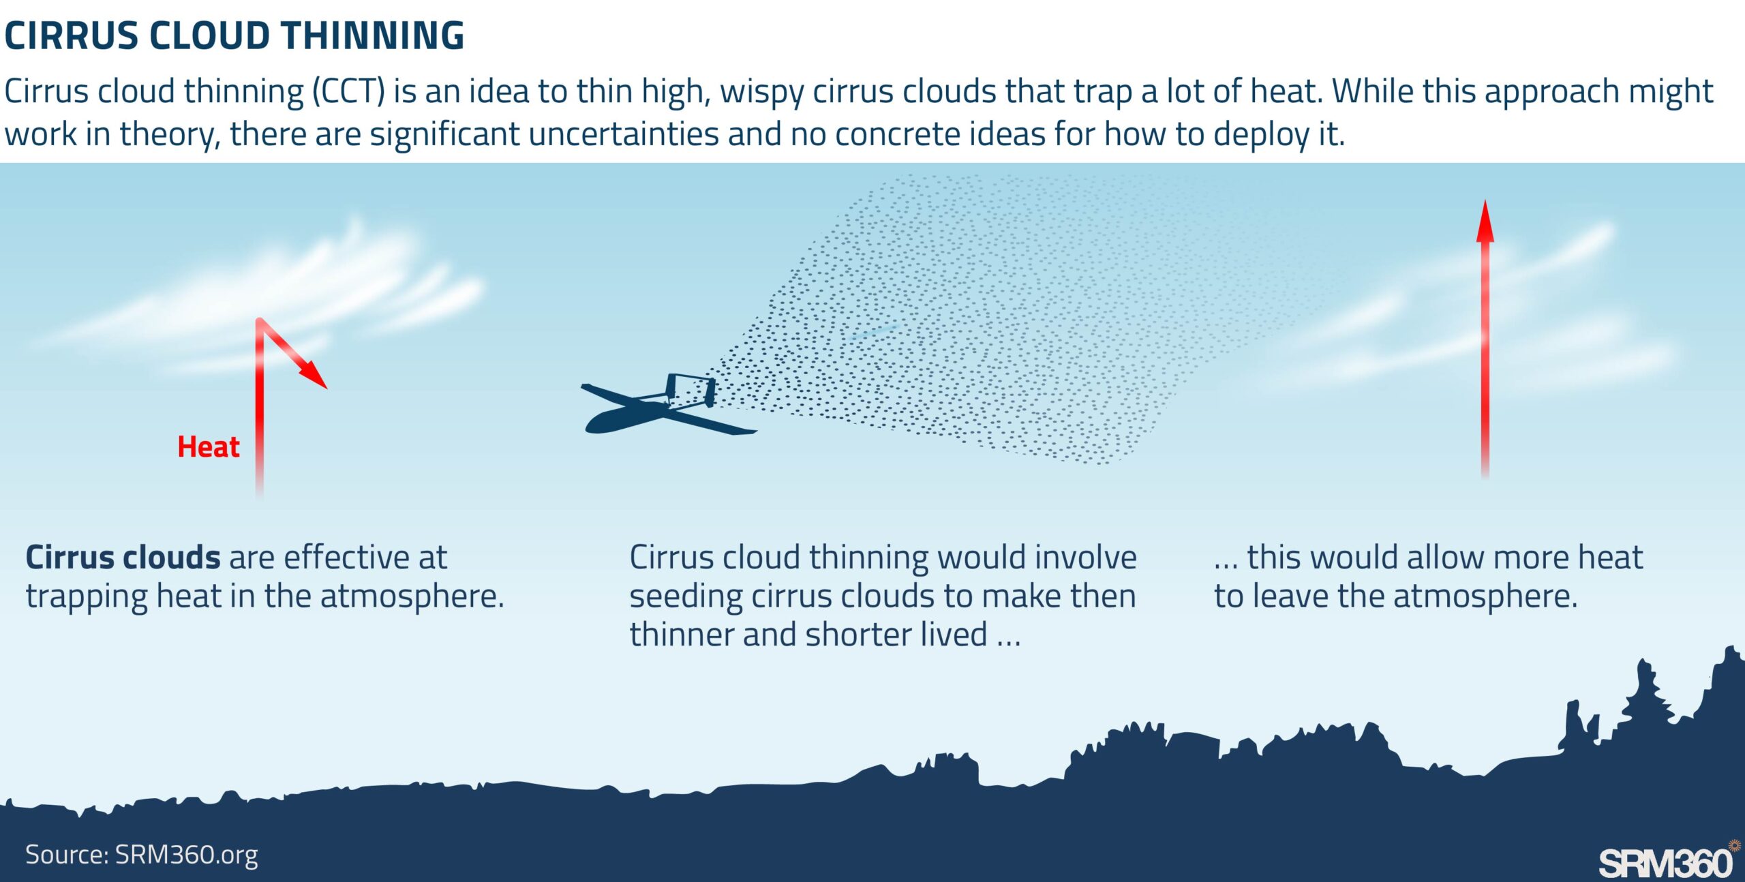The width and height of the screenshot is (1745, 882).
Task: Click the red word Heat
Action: pos(208,447)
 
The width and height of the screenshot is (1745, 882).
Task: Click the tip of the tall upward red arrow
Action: pos(1485,200)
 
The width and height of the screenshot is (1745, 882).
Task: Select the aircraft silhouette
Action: pos(668,407)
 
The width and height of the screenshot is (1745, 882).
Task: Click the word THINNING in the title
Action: pos(373,35)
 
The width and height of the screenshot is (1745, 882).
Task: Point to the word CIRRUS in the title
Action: pos(72,35)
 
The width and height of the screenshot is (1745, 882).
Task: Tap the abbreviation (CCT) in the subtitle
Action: pos(348,91)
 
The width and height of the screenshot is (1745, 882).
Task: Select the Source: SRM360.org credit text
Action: pos(142,855)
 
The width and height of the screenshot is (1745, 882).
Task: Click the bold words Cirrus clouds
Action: pos(123,557)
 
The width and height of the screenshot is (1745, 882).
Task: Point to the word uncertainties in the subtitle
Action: pos(624,134)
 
